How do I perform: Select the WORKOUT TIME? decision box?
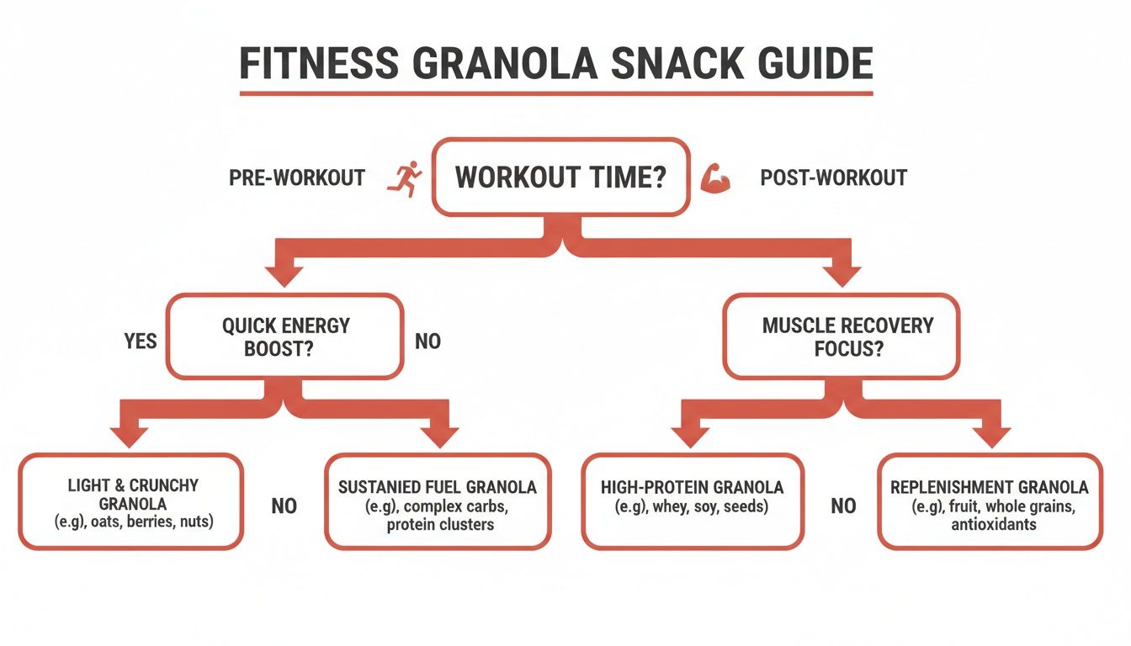click(x=560, y=178)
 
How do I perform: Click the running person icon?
click(x=405, y=179)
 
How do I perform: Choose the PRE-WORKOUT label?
click(x=297, y=178)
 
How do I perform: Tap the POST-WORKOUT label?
click(x=833, y=178)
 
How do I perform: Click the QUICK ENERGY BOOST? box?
click(x=285, y=336)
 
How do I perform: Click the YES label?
click(x=141, y=342)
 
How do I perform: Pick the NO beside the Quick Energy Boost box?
click(x=427, y=342)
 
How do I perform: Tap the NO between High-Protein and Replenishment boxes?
click(x=843, y=506)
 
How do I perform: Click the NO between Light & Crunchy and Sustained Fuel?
click(x=284, y=506)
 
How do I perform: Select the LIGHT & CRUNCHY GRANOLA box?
click(x=132, y=502)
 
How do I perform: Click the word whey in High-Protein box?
click(x=661, y=506)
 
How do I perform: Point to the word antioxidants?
click(x=994, y=524)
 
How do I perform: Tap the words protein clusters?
click(x=440, y=524)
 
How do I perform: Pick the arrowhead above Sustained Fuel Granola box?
click(x=438, y=437)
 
